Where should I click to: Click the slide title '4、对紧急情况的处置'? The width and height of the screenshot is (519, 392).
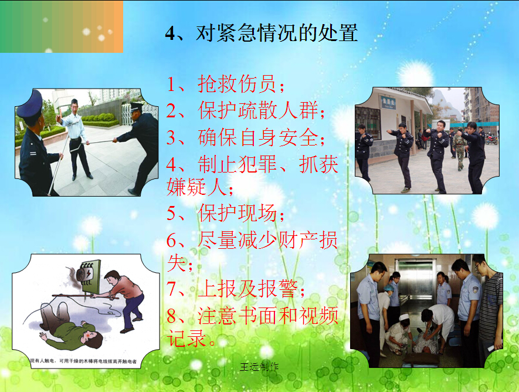pyautogui.click(x=262, y=33)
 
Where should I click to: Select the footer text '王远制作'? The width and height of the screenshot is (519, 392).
pyautogui.click(x=259, y=367)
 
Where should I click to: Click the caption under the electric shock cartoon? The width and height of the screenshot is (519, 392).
pyautogui.click(x=83, y=361)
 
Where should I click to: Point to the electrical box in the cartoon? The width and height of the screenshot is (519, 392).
pyautogui.click(x=89, y=277)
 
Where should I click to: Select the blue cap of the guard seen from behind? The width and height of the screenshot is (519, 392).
pyautogui.click(x=30, y=104)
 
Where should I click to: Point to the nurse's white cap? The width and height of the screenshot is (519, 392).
pyautogui.click(x=403, y=318)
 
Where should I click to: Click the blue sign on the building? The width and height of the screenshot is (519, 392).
pyautogui.click(x=386, y=102)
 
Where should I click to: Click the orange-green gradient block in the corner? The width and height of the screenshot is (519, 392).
pyautogui.click(x=62, y=26)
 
